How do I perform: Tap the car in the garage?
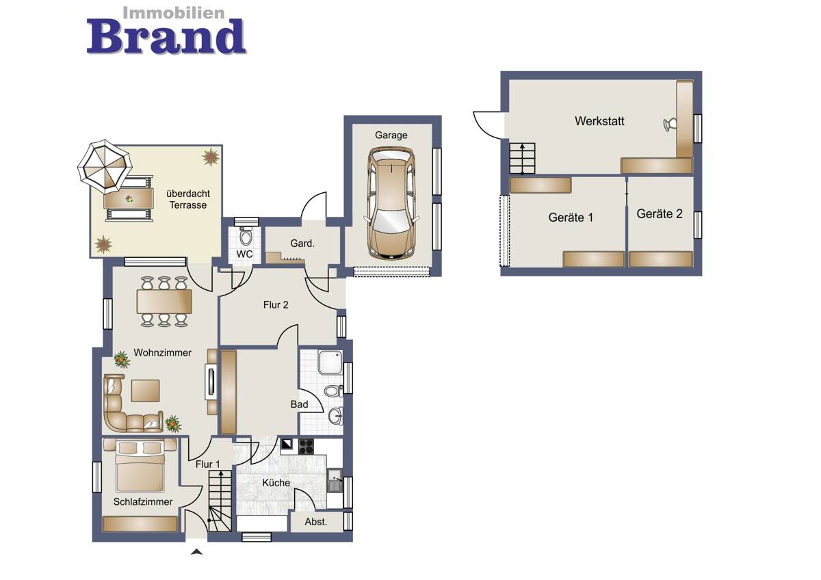[391, 202]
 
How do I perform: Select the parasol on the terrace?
[105, 166]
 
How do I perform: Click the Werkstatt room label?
[599, 121]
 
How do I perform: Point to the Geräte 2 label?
[660, 213]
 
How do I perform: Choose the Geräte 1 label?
[571, 217]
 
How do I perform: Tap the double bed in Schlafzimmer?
[140, 465]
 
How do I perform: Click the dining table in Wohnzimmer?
[164, 302]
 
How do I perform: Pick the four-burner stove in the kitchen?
[306, 447]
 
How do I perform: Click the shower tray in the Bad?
[330, 362]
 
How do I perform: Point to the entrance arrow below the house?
[197, 552]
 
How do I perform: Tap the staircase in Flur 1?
[220, 501]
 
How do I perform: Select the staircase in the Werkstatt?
[522, 158]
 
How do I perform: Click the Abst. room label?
[315, 521]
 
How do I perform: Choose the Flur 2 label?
[276, 305]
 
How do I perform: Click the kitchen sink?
[335, 480]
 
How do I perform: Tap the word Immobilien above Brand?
[173, 13]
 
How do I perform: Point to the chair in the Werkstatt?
[670, 124]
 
